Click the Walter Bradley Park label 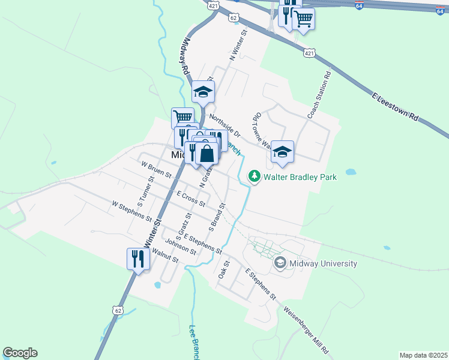(300, 177)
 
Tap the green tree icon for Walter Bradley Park (255, 176)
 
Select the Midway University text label (323, 263)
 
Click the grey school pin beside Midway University (280, 263)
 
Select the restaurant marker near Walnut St (137, 259)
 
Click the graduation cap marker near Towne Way (282, 152)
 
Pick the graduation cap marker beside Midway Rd (203, 92)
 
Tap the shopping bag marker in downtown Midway (206, 154)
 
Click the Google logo (20, 353)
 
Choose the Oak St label (224, 268)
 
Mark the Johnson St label (181, 247)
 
